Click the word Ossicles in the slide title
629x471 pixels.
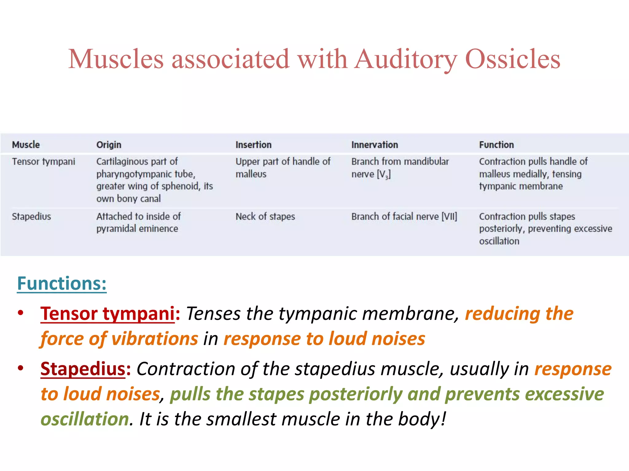pyautogui.click(x=513, y=59)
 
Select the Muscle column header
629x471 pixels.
pyautogui.click(x=26, y=145)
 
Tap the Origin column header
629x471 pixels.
pyautogui.click(x=109, y=145)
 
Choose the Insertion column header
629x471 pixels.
pyautogui.click(x=253, y=145)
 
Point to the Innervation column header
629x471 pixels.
pyautogui.click(x=374, y=145)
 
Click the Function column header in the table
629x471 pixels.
pyautogui.click(x=496, y=145)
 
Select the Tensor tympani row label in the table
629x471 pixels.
pyautogui.click(x=43, y=162)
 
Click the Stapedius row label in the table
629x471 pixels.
pyautogui.click(x=31, y=216)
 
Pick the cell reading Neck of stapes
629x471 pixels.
pyautogui.click(x=265, y=216)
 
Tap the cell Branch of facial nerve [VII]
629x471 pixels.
pyautogui.click(x=404, y=216)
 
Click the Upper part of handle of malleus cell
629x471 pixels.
pyautogui.click(x=283, y=167)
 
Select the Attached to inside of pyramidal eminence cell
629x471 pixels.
pyautogui.click(x=138, y=222)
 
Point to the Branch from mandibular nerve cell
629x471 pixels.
pyautogui.click(x=400, y=167)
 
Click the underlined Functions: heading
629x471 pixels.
pyautogui.click(x=62, y=283)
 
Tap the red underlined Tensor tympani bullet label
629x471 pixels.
pyautogui.click(x=107, y=314)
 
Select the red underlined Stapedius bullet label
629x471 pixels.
pyautogui.click(x=83, y=369)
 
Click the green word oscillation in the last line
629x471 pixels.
pyautogui.click(x=85, y=419)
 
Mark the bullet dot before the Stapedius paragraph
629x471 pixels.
pyautogui.click(x=21, y=368)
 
